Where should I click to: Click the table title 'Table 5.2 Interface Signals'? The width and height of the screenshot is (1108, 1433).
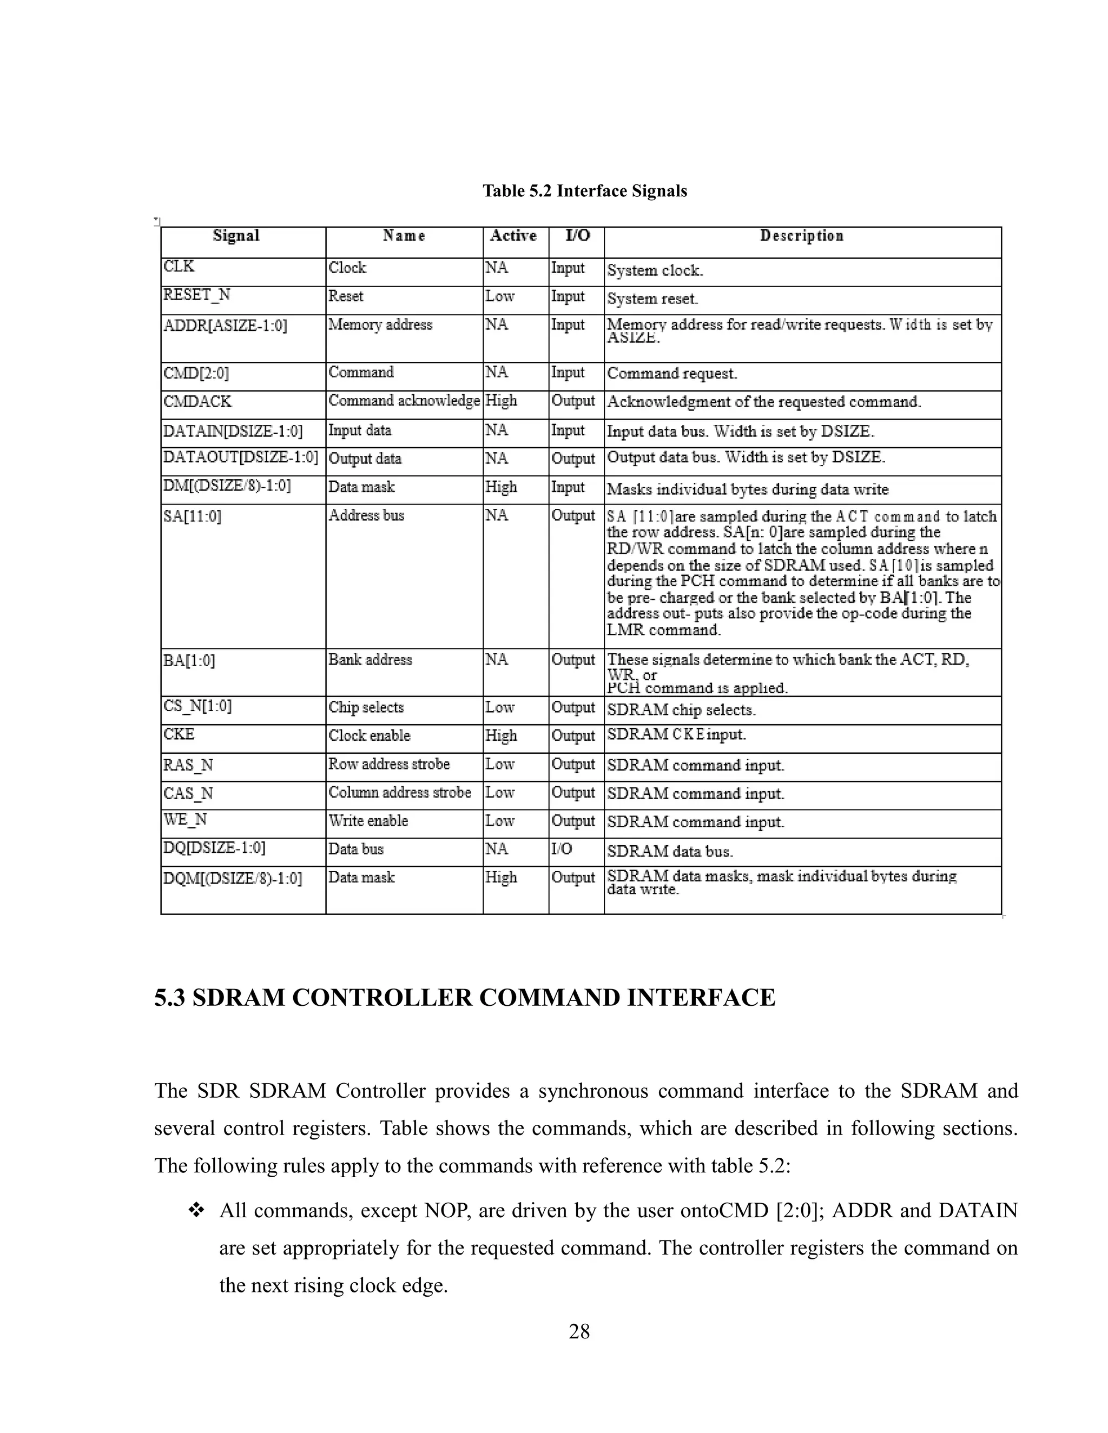(584, 191)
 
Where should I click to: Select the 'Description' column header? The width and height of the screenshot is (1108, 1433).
(801, 236)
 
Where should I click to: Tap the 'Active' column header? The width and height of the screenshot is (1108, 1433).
(513, 236)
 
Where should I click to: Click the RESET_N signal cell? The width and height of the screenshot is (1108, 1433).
(197, 295)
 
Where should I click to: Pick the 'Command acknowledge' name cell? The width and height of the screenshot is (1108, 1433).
(404, 401)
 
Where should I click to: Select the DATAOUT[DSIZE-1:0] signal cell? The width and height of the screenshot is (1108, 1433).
(240, 457)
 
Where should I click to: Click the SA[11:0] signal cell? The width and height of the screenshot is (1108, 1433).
(192, 516)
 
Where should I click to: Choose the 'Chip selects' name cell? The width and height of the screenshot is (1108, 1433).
(366, 707)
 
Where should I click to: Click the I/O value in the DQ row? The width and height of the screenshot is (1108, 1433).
(562, 849)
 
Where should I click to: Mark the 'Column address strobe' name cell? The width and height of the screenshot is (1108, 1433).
(400, 793)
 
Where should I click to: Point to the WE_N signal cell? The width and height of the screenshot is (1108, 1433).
(185, 820)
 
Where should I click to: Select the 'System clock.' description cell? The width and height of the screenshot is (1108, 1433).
(655, 270)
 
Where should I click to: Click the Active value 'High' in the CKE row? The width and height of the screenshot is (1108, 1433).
(502, 736)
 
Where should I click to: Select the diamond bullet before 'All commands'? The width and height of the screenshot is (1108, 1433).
(196, 1211)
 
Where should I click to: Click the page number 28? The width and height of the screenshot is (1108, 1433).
(579, 1331)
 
